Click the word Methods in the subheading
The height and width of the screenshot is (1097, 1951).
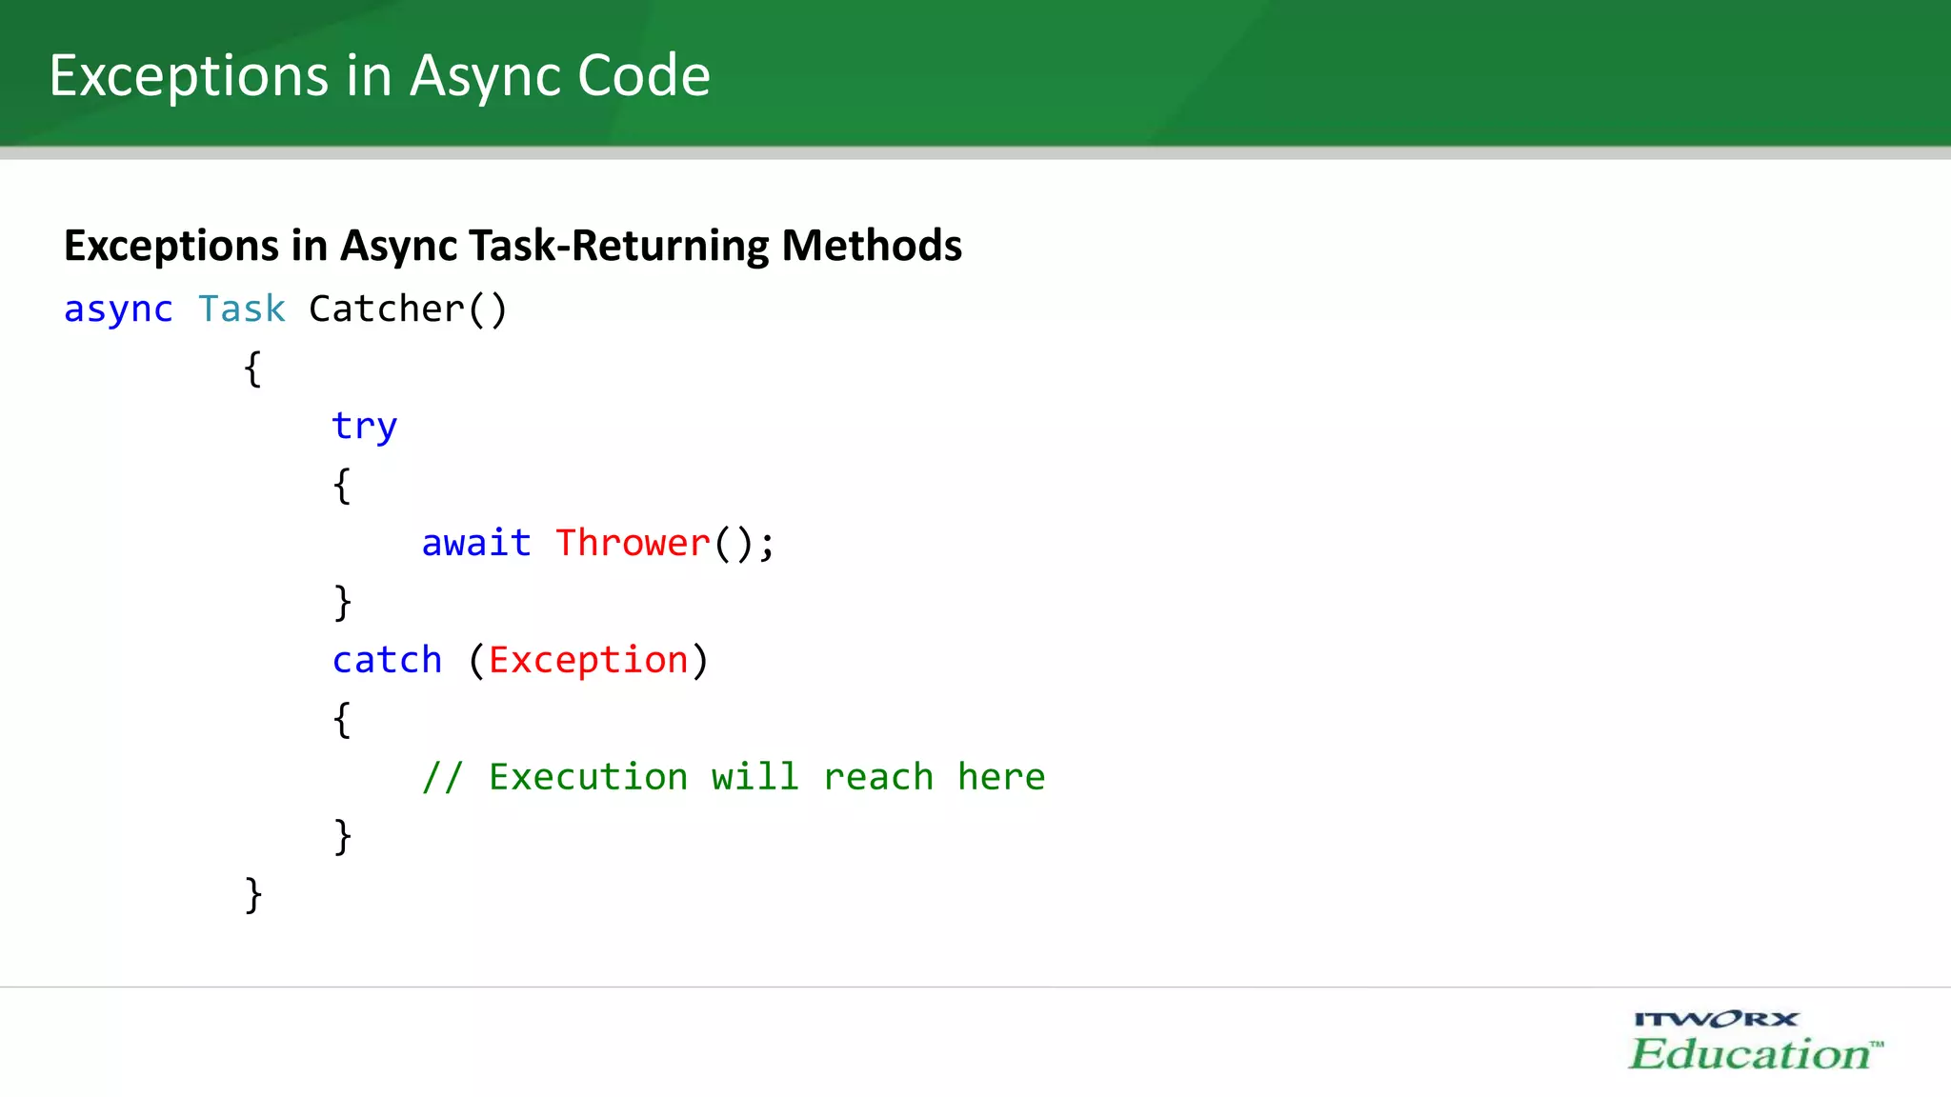tap(872, 246)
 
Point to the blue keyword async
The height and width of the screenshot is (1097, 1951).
tap(118, 309)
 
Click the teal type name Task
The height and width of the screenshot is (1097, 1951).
tap(242, 309)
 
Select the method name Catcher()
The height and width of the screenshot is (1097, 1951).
tap(408, 309)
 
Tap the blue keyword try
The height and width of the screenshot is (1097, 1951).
tap(364, 426)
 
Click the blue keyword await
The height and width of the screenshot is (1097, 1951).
tap(476, 543)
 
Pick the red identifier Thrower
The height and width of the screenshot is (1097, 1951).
tap(633, 543)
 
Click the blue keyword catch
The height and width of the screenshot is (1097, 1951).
tap(387, 660)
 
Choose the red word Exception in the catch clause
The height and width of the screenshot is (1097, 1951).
tap(588, 660)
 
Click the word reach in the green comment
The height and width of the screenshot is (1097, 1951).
tap(877, 777)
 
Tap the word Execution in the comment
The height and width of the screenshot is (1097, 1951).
tap(588, 777)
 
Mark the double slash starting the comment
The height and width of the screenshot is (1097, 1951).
tap(442, 777)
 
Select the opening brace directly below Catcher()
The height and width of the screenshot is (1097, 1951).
tap(252, 369)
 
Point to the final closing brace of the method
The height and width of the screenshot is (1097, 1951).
tap(252, 895)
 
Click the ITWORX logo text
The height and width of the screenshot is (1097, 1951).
tap(1716, 1020)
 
